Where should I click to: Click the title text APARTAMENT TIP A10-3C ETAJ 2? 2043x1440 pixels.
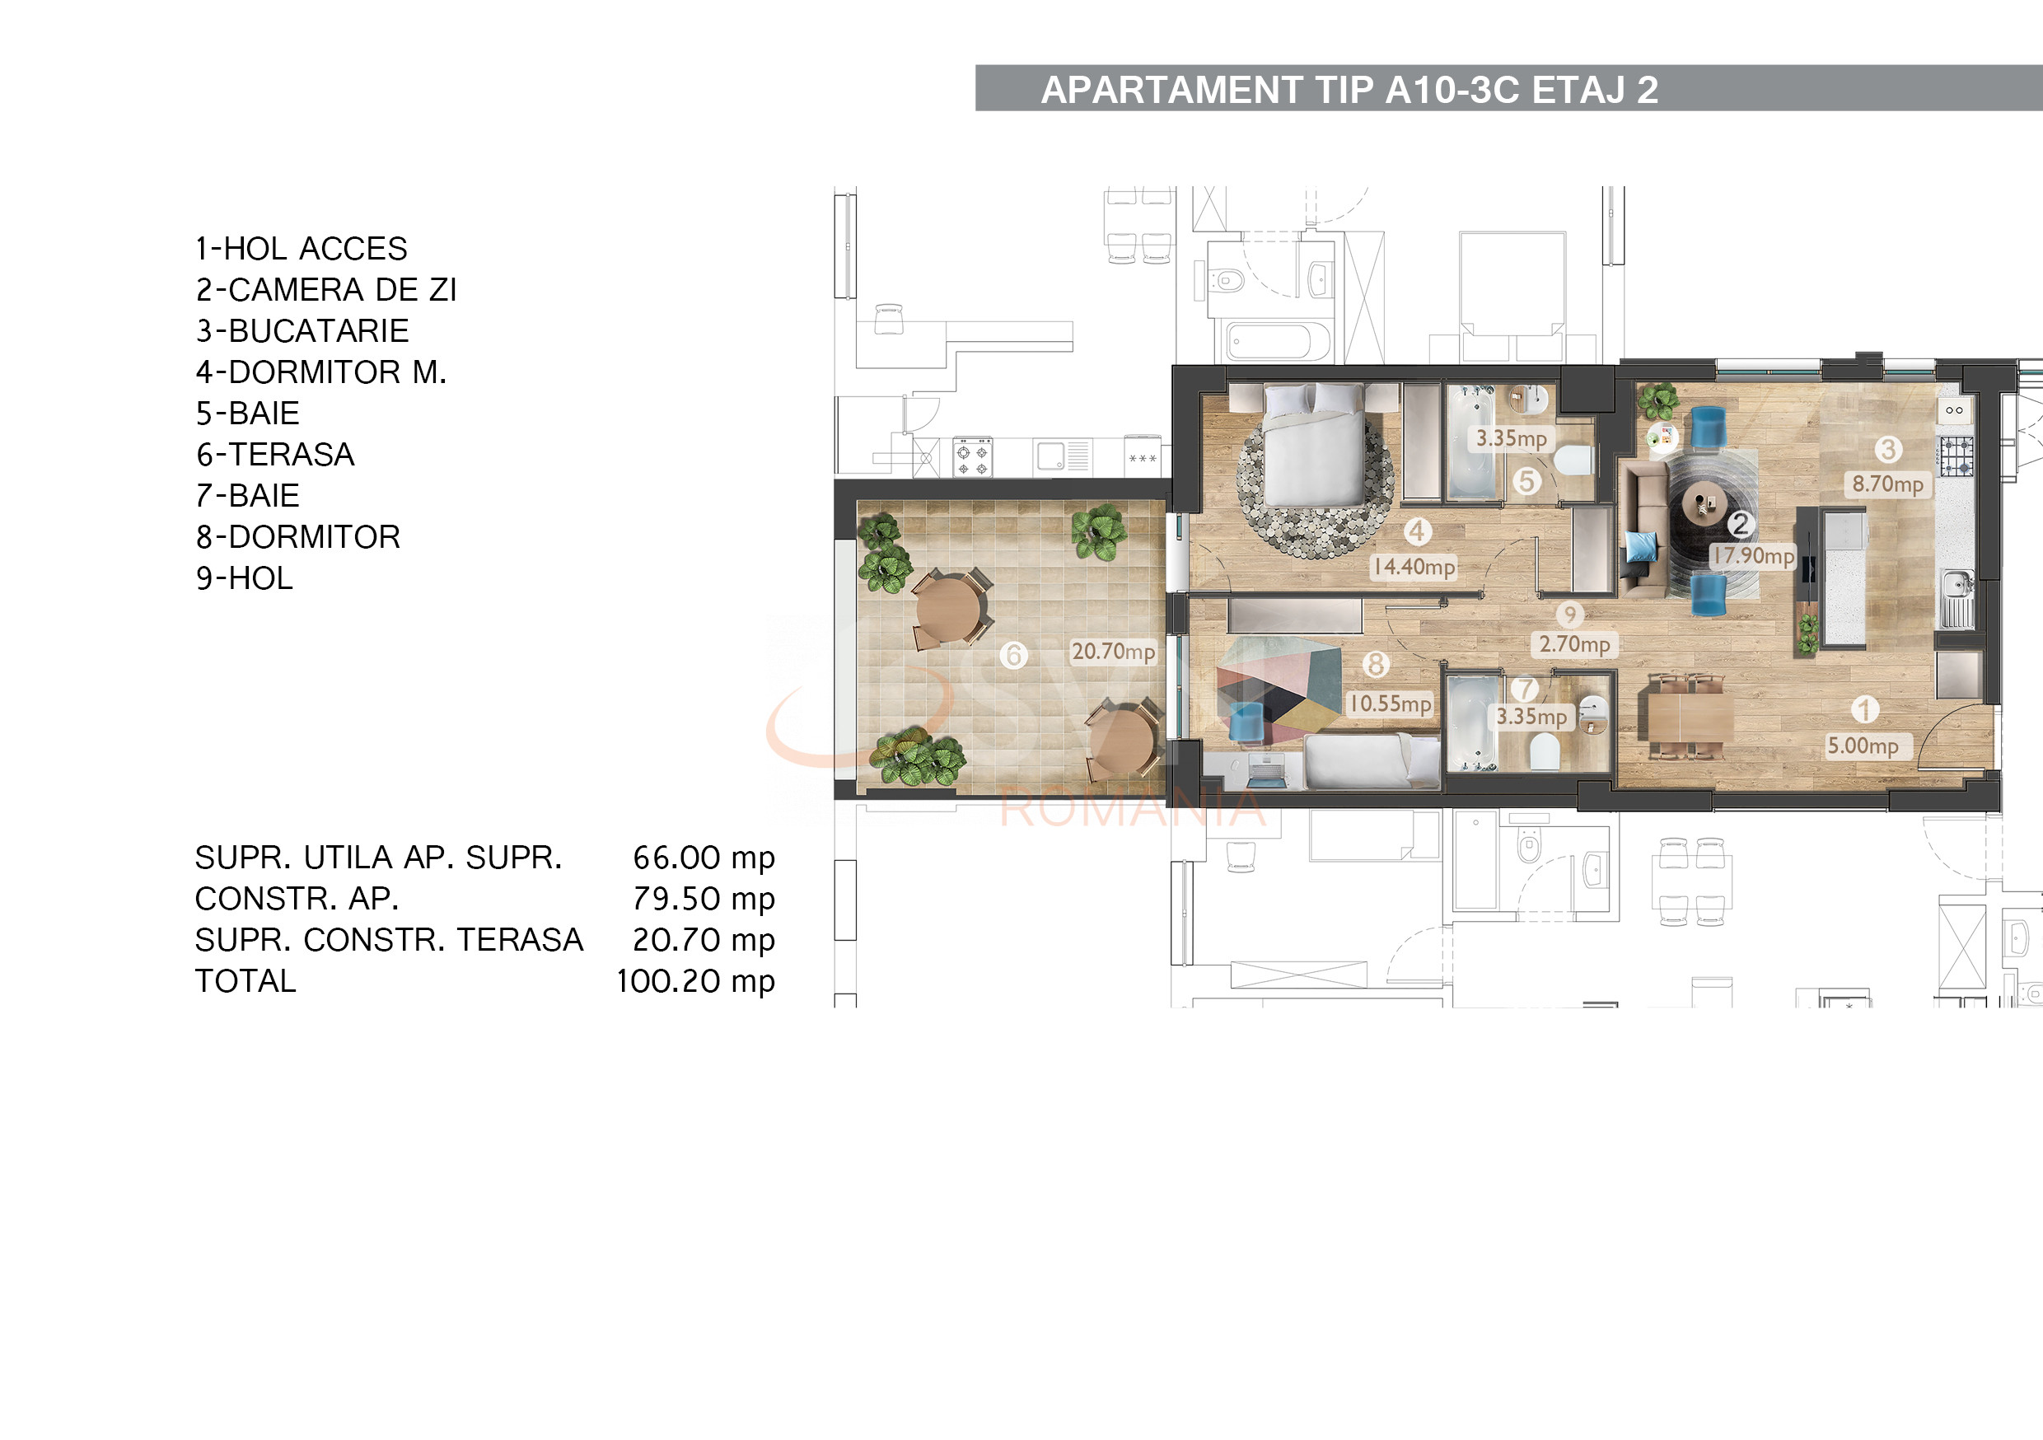(1349, 90)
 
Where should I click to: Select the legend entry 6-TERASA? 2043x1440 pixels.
(275, 455)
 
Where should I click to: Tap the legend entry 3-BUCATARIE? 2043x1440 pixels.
(302, 331)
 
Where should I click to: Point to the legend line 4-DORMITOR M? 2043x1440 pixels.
(320, 372)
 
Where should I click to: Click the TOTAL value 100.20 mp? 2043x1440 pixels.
(695, 981)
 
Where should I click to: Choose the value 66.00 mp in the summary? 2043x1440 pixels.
(703, 858)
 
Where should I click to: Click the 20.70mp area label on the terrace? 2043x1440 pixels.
(1112, 652)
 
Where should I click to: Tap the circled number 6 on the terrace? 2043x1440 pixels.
(1012, 656)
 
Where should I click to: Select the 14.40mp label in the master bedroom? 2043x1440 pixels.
(1413, 567)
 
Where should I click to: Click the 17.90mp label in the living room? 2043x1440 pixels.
(1753, 556)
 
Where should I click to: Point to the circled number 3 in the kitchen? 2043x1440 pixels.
(1887, 450)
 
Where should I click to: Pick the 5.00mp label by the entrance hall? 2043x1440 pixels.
(1863, 746)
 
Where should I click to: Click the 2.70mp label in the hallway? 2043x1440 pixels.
(1574, 644)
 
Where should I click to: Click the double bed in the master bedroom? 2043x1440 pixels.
(1313, 450)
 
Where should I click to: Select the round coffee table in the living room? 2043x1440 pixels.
(1702, 505)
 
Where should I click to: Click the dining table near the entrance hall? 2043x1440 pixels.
(1690, 718)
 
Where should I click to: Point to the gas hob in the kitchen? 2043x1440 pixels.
(1956, 456)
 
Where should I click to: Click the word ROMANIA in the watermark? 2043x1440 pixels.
(1132, 808)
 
